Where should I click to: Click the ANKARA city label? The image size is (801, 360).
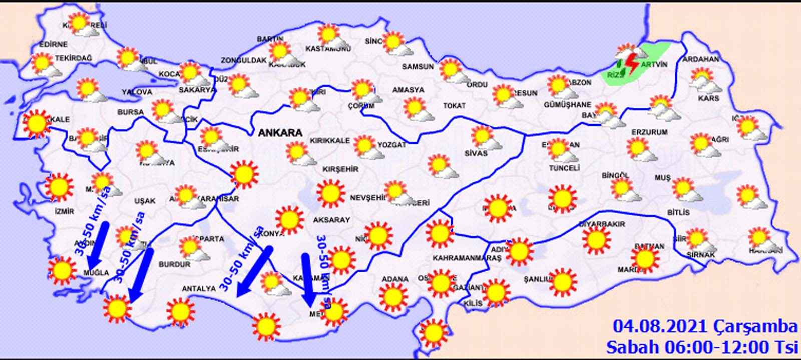point(280,133)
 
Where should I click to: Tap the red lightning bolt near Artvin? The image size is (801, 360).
point(632,64)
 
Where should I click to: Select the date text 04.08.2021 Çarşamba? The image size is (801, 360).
point(705,327)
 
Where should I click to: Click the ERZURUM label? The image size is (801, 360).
point(649,132)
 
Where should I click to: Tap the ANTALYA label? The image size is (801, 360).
point(198,289)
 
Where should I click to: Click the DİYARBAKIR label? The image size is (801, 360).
point(602,224)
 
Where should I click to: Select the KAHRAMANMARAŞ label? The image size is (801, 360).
point(460,258)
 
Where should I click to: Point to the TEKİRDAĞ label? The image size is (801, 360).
point(73,59)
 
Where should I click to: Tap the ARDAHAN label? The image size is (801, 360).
point(701,59)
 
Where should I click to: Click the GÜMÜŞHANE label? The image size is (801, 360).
point(567,105)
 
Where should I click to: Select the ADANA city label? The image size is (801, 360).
point(395,279)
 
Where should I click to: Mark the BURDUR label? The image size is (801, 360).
point(174,264)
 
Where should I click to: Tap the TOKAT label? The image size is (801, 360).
point(454,106)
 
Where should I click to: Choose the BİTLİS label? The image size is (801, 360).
point(678,212)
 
